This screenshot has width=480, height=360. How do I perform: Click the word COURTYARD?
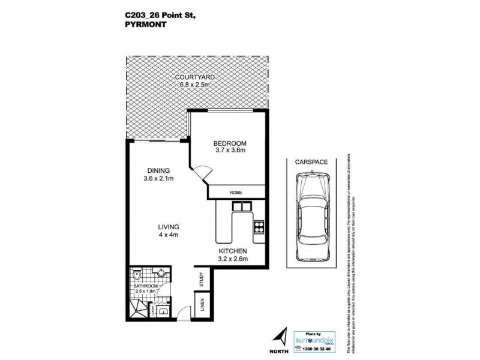point(196,78)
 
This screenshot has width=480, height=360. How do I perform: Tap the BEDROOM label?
point(231,143)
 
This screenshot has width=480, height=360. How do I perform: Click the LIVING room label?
point(168,226)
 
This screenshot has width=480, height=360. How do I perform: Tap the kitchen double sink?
point(243,208)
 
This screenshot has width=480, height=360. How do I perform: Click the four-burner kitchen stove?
point(259,227)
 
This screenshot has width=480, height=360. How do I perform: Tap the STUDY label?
point(202,280)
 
